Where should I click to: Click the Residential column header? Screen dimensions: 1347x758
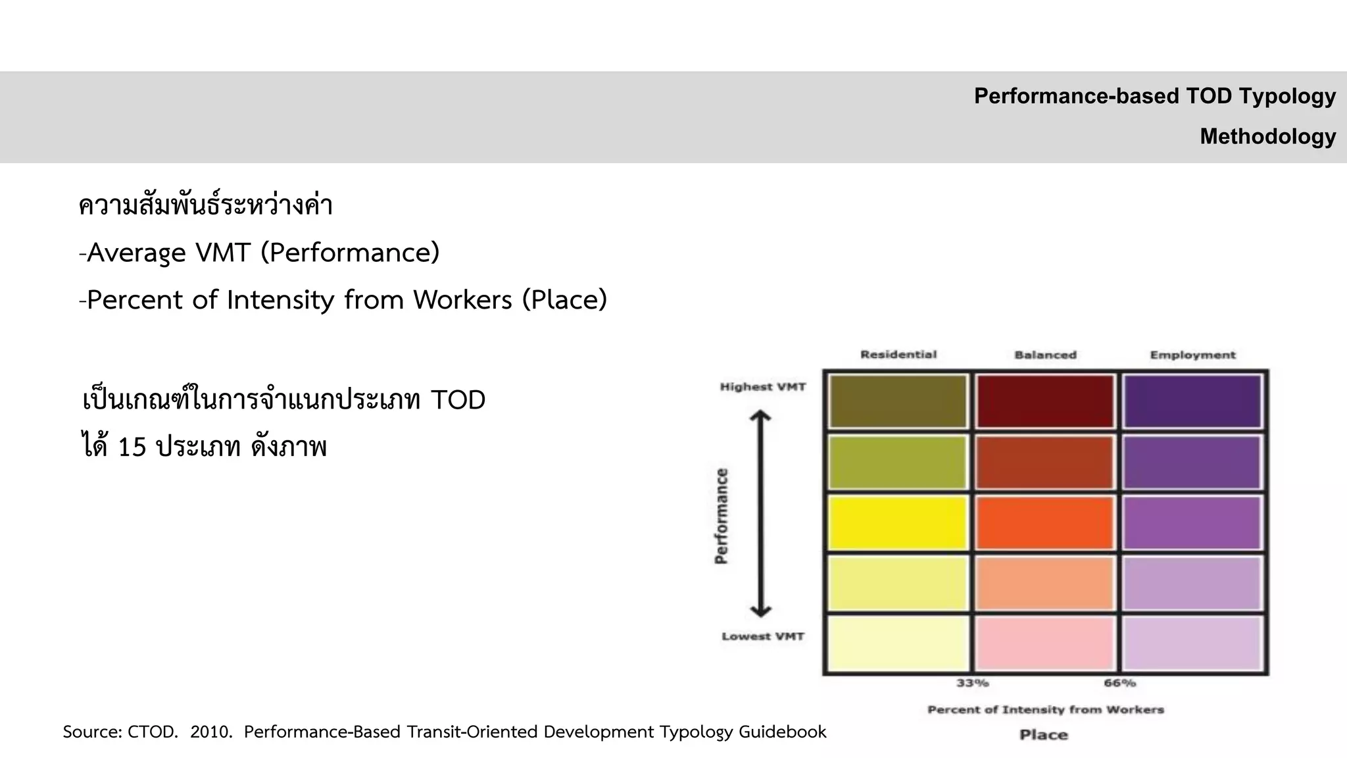coord(898,355)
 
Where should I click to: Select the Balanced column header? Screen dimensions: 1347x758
coord(1045,355)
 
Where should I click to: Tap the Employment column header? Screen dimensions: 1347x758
coord(1192,355)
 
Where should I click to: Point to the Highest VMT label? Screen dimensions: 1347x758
coord(763,387)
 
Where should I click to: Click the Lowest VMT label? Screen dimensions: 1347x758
coord(763,636)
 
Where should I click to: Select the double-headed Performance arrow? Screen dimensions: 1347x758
coord(761,514)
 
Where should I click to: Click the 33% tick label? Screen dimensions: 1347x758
coord(973,683)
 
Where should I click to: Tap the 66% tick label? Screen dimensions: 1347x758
coord(1120,683)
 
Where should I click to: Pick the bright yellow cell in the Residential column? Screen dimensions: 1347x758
coord(897,523)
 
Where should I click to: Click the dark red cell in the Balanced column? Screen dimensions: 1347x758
coord(1045,401)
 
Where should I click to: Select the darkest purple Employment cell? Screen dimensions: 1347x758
coord(1192,401)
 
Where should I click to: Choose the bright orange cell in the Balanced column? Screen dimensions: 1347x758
coord(1045,523)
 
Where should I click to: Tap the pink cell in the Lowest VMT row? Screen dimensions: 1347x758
coord(1045,644)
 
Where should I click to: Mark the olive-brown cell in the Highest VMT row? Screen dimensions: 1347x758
coord(897,401)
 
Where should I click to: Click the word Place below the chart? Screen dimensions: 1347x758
coord(1044,735)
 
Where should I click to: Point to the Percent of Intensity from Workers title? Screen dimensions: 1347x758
coord(1046,709)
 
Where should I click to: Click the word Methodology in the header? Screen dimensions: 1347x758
coord(1268,136)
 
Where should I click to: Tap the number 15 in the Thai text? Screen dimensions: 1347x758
coord(132,447)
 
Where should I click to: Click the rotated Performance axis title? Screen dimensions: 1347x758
coord(722,516)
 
